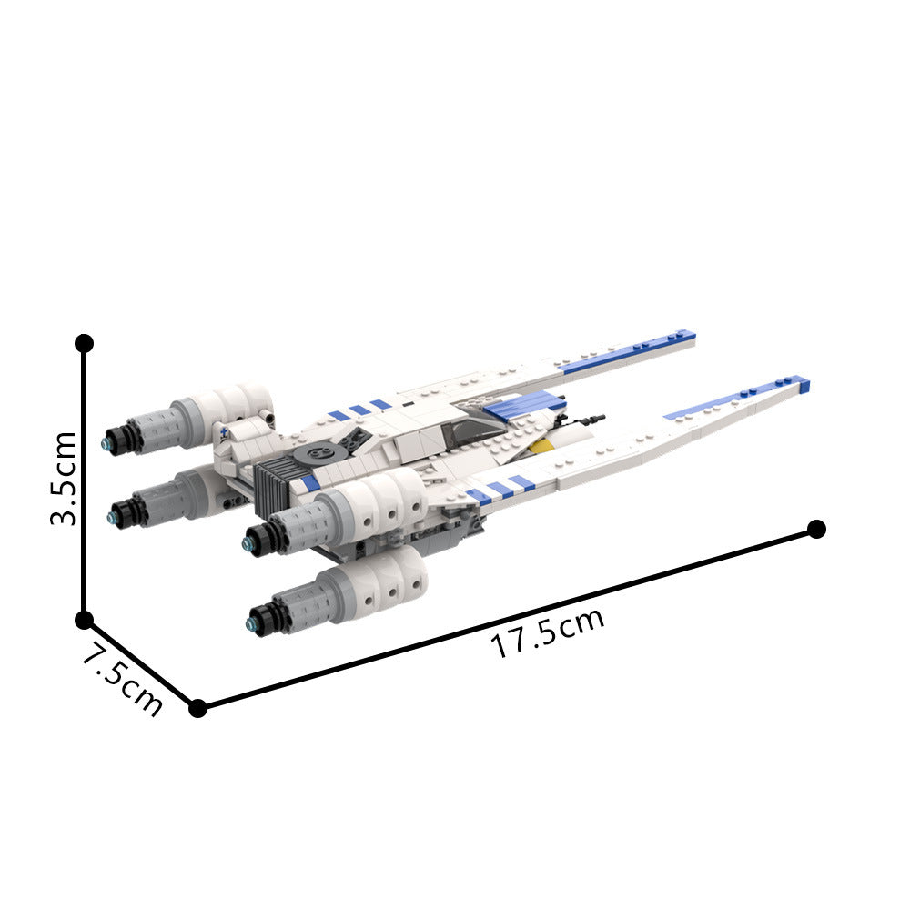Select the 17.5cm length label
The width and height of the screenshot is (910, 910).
548,633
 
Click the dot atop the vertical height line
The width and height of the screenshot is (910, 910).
84,343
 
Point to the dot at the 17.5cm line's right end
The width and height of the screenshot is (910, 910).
816,529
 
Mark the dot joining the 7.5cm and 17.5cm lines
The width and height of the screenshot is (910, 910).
197,707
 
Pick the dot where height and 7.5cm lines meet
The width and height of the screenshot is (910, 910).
84,620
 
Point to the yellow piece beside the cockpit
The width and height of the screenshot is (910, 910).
541,445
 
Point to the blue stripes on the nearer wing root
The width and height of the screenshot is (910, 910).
499,489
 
